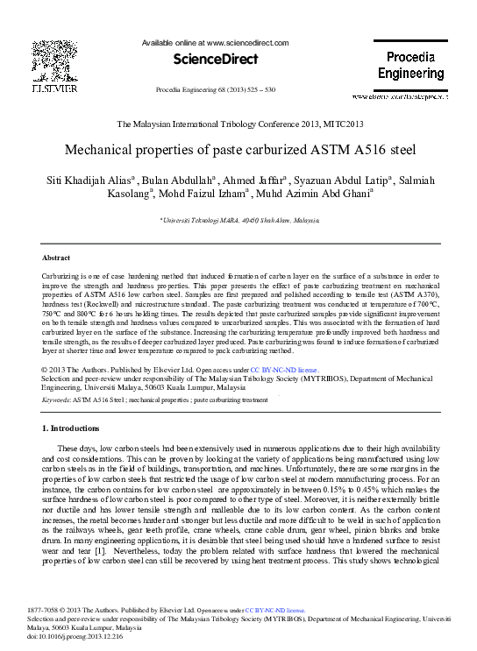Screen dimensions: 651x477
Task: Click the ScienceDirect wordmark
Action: click(215, 60)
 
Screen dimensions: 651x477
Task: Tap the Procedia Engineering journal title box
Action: click(410, 65)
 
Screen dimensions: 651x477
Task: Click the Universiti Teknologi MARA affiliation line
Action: click(238, 222)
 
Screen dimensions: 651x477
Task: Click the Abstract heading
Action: click(56, 258)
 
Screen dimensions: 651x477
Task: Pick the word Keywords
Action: click(56, 400)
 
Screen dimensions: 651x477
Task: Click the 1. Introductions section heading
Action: click(71, 428)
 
